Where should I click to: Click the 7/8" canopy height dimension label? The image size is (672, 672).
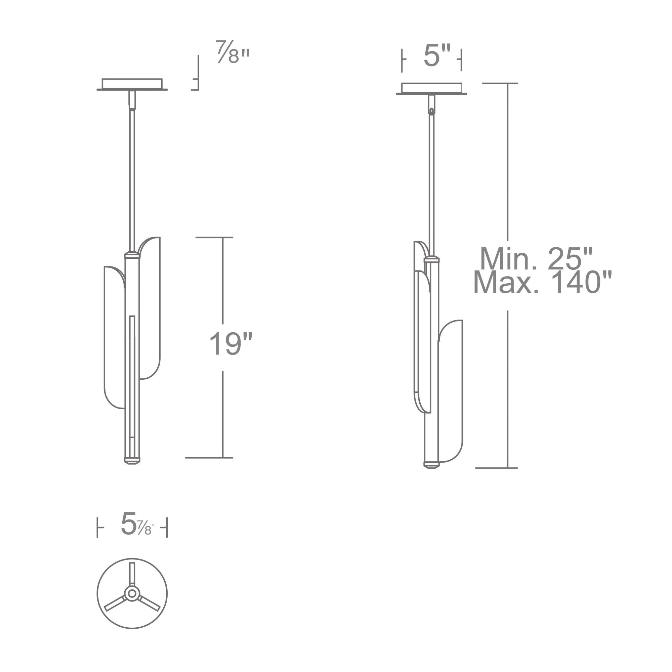233,52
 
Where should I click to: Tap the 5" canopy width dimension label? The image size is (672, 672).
437,56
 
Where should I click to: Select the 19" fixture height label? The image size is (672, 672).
230,344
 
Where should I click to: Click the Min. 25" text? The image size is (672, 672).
536,259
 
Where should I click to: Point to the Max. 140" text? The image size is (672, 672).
543,283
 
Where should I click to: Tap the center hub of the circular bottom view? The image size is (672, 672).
132,594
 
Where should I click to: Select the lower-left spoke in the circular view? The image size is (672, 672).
116,603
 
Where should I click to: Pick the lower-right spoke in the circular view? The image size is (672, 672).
149,603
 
